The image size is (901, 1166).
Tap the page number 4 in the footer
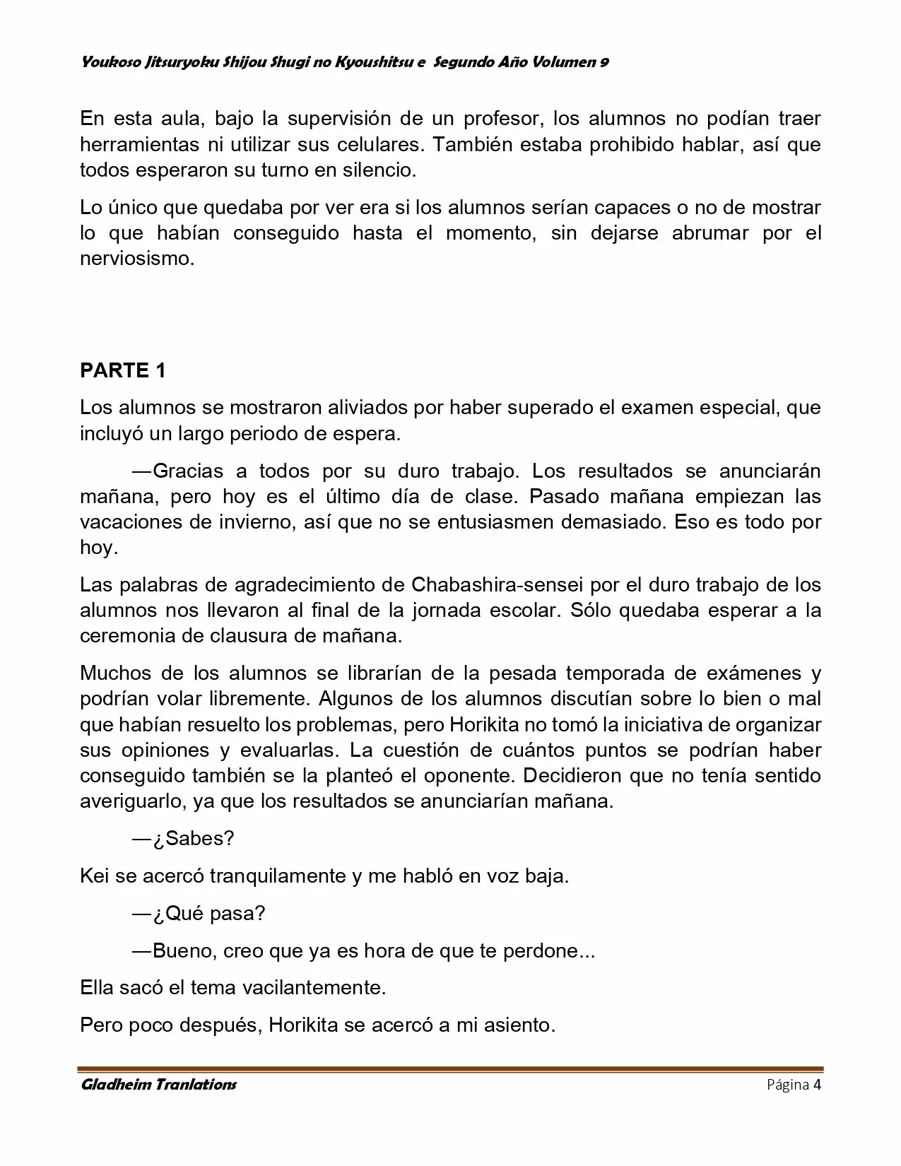pyautogui.click(x=817, y=1085)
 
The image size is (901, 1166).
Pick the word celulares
pyautogui.click(x=367, y=144)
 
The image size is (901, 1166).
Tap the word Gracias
pyautogui.click(x=187, y=471)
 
